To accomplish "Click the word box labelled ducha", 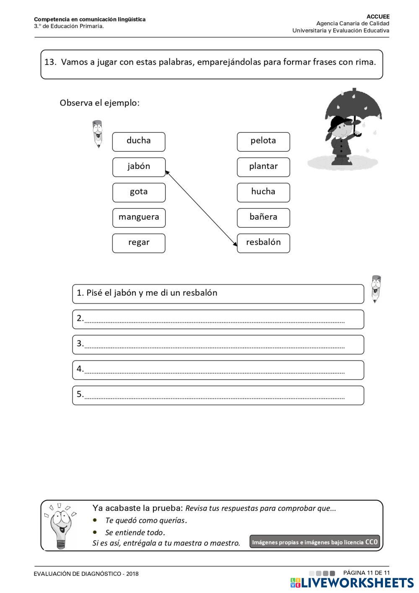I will pyautogui.click(x=139, y=142).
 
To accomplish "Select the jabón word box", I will pyautogui.click(x=139, y=167).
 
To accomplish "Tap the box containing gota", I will pyautogui.click(x=139, y=192).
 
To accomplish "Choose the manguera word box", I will pyautogui.click(x=139, y=218).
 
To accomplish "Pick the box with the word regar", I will pyautogui.click(x=139, y=243).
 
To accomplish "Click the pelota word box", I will pyautogui.click(x=263, y=142).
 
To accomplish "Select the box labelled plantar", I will pyautogui.click(x=263, y=167).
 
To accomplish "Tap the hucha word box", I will pyautogui.click(x=263, y=192).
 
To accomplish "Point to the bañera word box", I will pyautogui.click(x=263, y=218).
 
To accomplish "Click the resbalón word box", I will pyautogui.click(x=263, y=243).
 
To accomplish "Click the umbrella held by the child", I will pyautogui.click(x=353, y=104).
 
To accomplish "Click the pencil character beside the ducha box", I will pyautogui.click(x=97, y=134).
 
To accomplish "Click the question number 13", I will pyautogui.click(x=50, y=62).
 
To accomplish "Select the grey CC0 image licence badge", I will pyautogui.click(x=315, y=542).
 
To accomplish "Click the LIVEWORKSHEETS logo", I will pyautogui.click(x=352, y=583).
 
